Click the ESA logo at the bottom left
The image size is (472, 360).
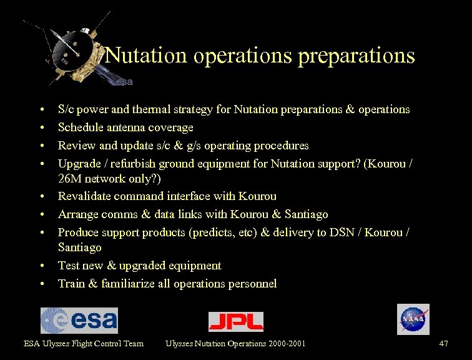(79, 320)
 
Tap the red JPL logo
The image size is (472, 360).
(235, 321)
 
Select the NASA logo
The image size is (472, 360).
(413, 319)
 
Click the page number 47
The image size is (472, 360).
(443, 343)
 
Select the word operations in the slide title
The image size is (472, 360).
(243, 56)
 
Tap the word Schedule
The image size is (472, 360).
(79, 127)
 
